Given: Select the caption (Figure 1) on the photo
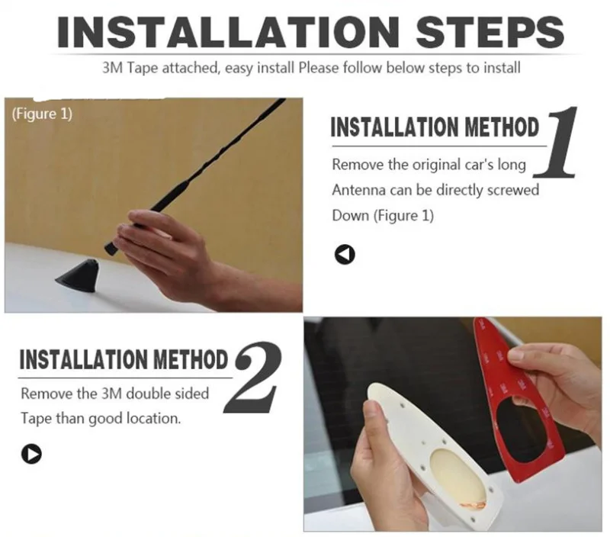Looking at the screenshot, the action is tap(42, 114).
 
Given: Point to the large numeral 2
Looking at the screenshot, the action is tap(252, 377).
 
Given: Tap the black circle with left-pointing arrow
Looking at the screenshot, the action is tap(345, 255).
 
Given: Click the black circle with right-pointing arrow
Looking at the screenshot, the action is tap(31, 454).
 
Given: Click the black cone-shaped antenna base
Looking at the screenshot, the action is tap(79, 274).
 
